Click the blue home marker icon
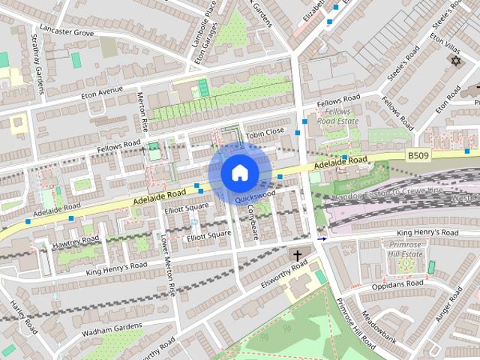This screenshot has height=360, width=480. click(x=239, y=173)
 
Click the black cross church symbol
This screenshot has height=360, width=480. click(x=297, y=256)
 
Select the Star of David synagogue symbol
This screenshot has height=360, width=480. click(x=455, y=60)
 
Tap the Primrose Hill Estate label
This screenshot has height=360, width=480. click(x=405, y=249)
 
